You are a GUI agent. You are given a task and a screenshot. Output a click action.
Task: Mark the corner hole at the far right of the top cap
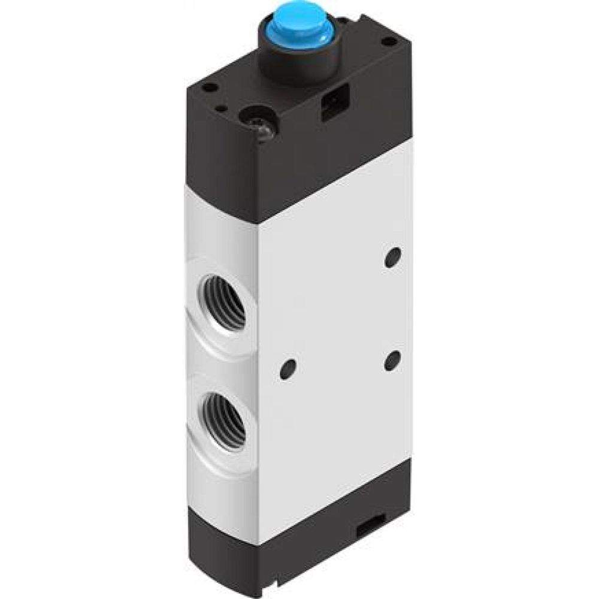(389, 42)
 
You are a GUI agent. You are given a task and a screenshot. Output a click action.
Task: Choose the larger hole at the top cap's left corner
(210, 87)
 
